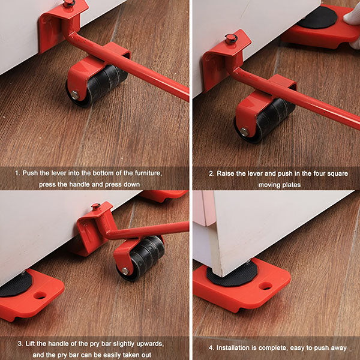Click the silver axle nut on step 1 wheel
74,94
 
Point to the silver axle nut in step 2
245,131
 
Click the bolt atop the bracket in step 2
231,39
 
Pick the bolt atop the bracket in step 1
70,3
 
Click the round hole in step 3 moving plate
40,295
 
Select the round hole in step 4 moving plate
265,286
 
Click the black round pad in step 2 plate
317,17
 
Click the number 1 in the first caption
18,173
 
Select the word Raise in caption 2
227,173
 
